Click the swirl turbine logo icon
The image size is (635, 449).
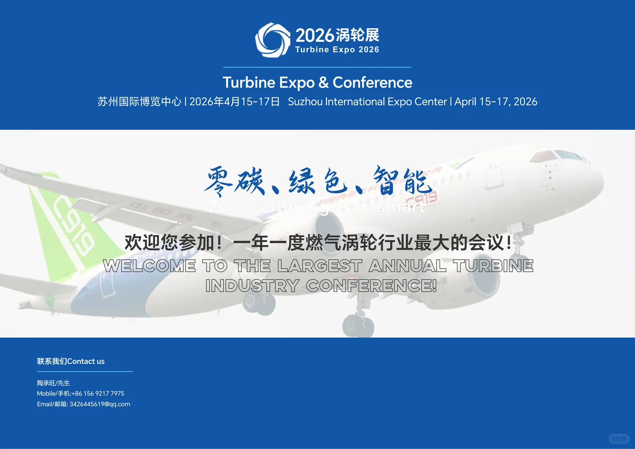(x=272, y=39)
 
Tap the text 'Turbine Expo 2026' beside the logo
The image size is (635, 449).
(x=337, y=49)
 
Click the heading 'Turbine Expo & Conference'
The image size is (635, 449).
(x=317, y=82)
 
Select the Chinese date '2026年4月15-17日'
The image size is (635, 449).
(x=235, y=102)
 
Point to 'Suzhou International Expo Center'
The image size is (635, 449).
(x=367, y=102)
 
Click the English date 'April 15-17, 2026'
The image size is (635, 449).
(x=496, y=102)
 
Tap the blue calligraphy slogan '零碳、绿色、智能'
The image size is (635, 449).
(x=317, y=181)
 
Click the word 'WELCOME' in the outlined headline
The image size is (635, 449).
(x=149, y=266)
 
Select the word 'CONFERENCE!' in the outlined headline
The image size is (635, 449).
(x=371, y=286)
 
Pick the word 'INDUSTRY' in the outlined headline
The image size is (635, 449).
(x=252, y=286)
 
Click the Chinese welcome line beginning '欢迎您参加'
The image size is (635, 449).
(x=317, y=243)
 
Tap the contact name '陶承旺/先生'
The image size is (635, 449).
(x=53, y=383)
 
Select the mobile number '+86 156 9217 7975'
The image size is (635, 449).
(x=98, y=393)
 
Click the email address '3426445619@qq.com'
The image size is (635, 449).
(x=100, y=404)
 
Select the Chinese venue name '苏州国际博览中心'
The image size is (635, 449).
(x=139, y=102)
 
